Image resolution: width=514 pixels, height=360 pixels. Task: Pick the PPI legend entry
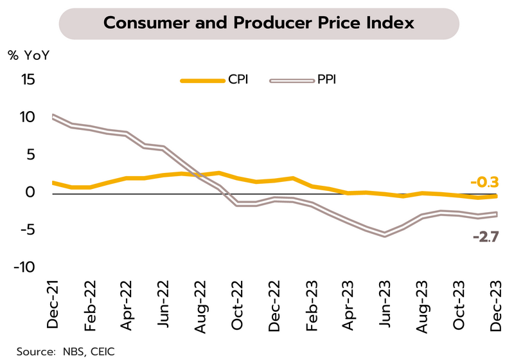(x=326, y=80)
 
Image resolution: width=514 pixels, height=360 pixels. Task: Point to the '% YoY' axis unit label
(x=28, y=54)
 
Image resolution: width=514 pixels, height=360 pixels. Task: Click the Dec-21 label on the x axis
(x=53, y=305)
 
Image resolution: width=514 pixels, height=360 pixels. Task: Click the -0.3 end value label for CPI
(x=484, y=183)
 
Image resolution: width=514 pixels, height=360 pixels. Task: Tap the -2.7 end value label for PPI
(x=484, y=237)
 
